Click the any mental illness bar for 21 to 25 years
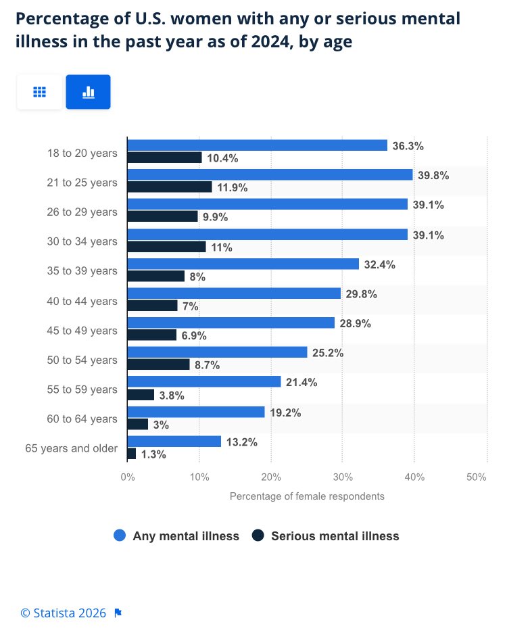click(270, 174)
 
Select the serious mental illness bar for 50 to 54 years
click(158, 364)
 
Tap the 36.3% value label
click(408, 145)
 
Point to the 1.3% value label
click(153, 454)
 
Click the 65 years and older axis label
click(71, 448)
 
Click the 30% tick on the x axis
click(343, 477)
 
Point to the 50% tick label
click(477, 477)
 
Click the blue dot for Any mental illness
click(120, 536)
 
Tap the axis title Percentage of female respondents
click(307, 496)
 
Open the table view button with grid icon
click(39, 92)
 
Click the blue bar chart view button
click(88, 92)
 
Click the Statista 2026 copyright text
click(63, 613)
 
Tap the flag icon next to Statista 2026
click(118, 613)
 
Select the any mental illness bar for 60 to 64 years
click(196, 412)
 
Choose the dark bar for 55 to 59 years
click(141, 394)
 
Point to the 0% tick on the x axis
click(128, 477)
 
